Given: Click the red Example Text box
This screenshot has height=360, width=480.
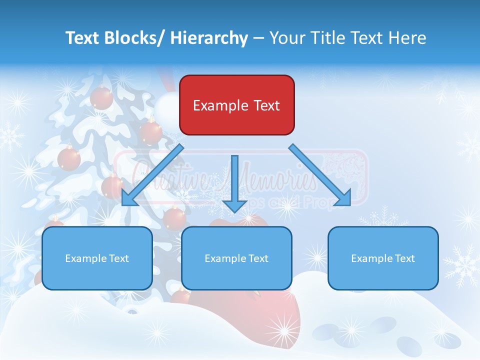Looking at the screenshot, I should pyautogui.click(x=236, y=105).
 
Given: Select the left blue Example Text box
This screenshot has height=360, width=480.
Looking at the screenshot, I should pyautogui.click(x=97, y=258).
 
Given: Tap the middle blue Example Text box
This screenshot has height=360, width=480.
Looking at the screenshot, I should pyautogui.click(x=236, y=258).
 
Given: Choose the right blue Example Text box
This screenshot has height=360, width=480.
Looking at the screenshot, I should pyautogui.click(x=383, y=258).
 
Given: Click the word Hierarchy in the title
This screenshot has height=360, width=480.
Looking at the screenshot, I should pyautogui.click(x=209, y=38).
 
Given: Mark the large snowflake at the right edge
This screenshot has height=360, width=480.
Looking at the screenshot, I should pyautogui.click(x=462, y=265).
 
